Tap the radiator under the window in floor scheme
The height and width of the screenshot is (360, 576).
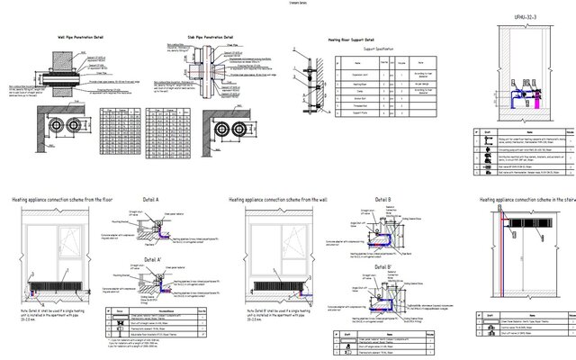coord(56,290)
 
